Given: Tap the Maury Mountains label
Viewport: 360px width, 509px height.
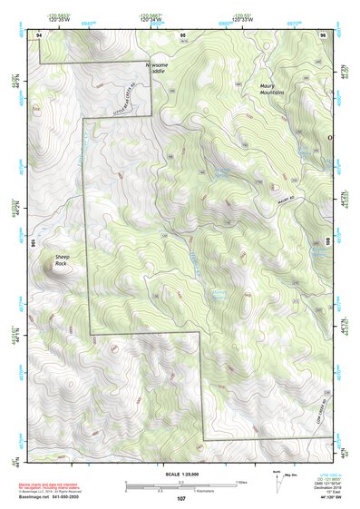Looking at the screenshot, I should [272, 89].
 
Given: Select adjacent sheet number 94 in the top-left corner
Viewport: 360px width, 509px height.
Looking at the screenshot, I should [39, 34].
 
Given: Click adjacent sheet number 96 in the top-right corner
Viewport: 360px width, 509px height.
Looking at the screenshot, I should [322, 34].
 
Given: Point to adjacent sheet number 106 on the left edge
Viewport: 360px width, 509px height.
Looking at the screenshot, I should [34, 243].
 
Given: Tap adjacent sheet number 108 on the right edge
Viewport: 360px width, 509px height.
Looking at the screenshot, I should [327, 243].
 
